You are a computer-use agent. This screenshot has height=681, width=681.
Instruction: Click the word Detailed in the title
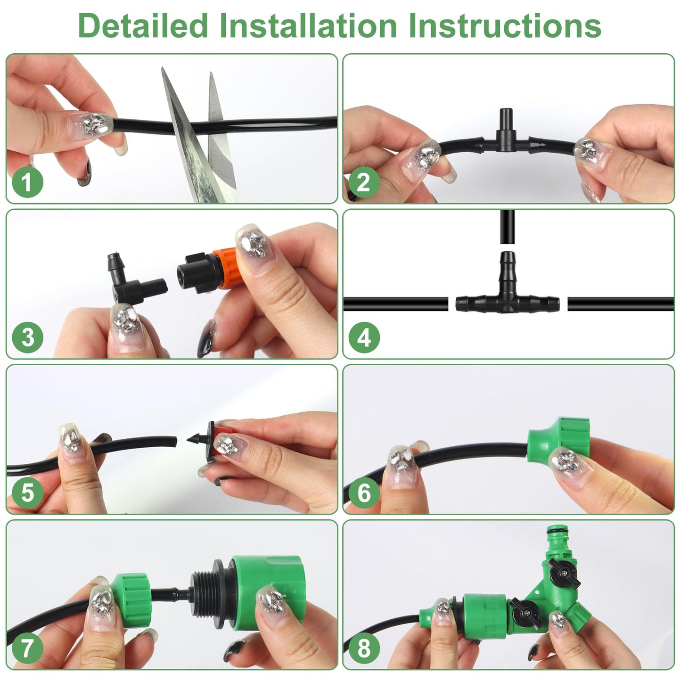(143, 26)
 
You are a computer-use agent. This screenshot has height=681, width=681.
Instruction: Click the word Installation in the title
(308, 26)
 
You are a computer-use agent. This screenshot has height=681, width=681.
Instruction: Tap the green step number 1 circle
(27, 182)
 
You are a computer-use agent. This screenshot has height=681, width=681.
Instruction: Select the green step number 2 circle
(364, 182)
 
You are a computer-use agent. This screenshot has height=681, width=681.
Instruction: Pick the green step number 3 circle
(27, 338)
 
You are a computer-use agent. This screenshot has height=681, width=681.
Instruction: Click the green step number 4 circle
(364, 338)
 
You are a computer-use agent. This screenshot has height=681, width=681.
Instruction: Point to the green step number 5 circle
(27, 493)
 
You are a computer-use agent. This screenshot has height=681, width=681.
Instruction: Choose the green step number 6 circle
(364, 493)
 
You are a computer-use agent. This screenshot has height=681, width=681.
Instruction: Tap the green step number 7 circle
(27, 648)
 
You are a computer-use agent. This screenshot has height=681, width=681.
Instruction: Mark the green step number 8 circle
(364, 648)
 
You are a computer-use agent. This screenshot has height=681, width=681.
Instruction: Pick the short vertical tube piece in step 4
(507, 227)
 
